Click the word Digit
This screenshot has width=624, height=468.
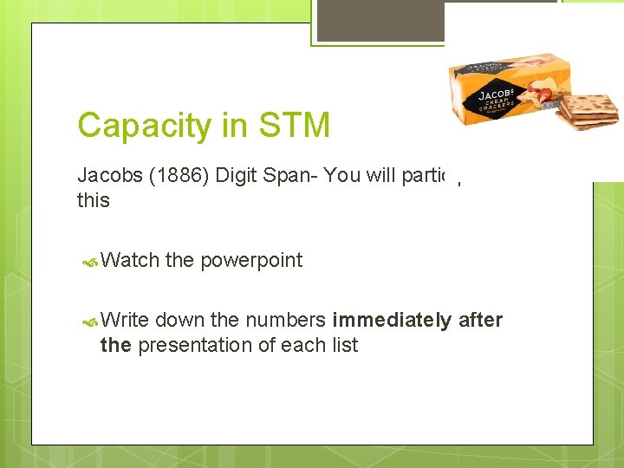click(237, 175)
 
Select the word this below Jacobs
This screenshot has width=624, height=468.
click(94, 200)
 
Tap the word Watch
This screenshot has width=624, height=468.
click(129, 260)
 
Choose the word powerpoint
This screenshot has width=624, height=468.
click(251, 261)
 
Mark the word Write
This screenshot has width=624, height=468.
click(127, 320)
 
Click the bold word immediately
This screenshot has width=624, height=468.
click(391, 320)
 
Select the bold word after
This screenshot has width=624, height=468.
click(481, 320)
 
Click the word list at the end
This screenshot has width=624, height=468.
click(343, 345)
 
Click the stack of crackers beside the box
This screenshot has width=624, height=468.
click(588, 111)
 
